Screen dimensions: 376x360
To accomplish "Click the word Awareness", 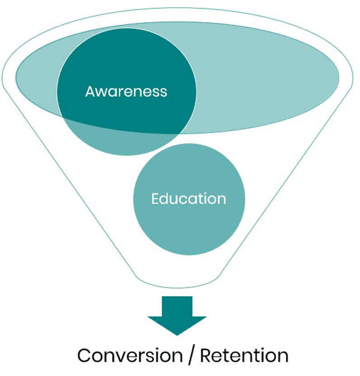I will pos(126,92).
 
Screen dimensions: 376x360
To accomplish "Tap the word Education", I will pos(189,199).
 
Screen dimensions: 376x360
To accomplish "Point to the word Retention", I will pos(244,355).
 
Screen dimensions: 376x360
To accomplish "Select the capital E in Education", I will pos(155,199).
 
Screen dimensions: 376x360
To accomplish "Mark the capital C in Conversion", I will pos(84,356).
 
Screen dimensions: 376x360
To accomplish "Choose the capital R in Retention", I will pos(206,356).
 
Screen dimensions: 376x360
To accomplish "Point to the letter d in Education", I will pos(165,199).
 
